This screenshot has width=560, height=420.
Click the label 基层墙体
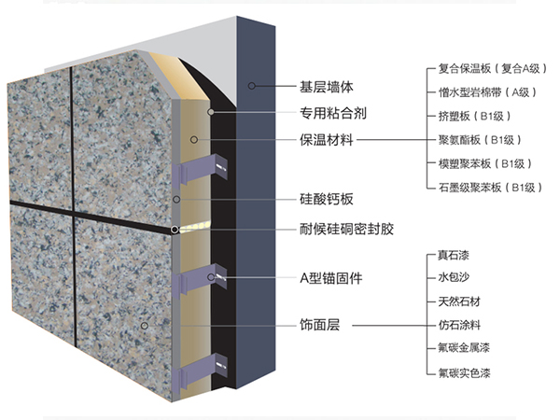tap(326, 85)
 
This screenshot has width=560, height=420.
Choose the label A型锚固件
tap(329, 278)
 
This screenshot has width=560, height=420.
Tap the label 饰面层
tap(319, 327)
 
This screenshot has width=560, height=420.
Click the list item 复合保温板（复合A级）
tap(489, 68)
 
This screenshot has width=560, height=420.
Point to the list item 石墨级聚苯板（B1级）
tap(489, 188)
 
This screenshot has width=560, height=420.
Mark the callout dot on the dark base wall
tap(252, 85)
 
